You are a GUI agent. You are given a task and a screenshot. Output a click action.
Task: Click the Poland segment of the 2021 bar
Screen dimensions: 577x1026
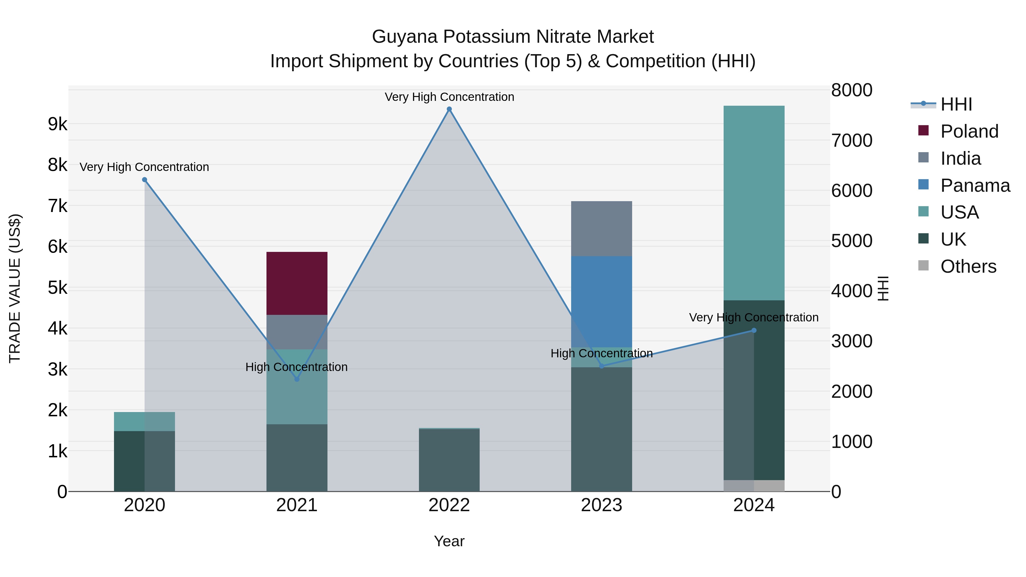click(x=297, y=283)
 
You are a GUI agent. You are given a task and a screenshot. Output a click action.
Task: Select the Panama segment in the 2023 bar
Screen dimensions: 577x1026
click(x=601, y=301)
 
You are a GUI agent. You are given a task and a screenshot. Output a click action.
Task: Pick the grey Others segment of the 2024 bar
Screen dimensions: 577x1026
click(x=754, y=486)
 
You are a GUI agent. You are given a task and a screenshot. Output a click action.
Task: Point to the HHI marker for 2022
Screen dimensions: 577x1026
click(x=449, y=109)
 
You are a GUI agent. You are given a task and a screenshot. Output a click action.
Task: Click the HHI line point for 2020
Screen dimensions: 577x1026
click(x=144, y=180)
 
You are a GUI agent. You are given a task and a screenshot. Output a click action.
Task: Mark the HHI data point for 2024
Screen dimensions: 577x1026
click(x=754, y=331)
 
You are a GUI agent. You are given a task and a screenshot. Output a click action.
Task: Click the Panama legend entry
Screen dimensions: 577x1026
click(x=975, y=185)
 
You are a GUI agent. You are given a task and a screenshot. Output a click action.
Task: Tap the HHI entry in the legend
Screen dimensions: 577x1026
click(x=956, y=104)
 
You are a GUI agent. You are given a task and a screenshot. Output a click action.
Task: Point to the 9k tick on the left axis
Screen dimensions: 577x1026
click(x=57, y=124)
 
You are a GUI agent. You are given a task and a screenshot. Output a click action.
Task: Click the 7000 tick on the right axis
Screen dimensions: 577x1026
click(x=852, y=140)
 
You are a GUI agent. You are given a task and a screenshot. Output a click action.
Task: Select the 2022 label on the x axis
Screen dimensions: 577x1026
click(x=449, y=505)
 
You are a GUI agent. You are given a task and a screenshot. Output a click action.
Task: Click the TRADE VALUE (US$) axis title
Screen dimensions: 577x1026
click(x=15, y=288)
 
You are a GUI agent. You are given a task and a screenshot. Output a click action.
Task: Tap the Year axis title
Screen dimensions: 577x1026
click(x=449, y=541)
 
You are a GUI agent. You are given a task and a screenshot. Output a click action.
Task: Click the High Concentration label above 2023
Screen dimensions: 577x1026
click(x=601, y=353)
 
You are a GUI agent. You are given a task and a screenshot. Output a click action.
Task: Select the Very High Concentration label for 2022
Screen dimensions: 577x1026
click(x=449, y=97)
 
